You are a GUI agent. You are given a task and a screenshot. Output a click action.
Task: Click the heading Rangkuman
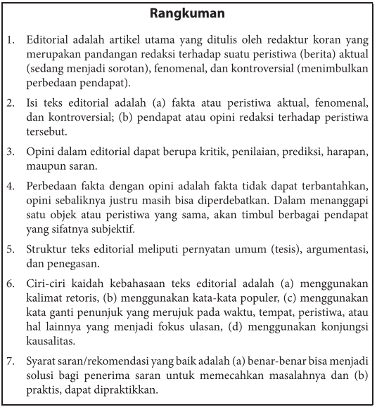pos(188,13)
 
